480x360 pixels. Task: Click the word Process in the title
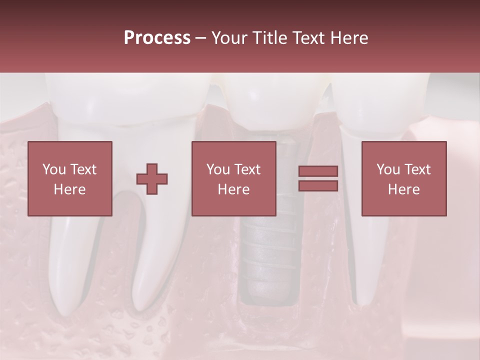[x=157, y=38]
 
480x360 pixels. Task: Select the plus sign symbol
[x=152, y=178]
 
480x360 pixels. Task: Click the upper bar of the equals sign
[x=318, y=171]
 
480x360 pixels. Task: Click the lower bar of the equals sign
[x=318, y=185]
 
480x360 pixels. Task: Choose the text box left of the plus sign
[x=70, y=178]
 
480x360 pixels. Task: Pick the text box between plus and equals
[x=234, y=178]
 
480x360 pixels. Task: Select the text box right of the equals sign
[x=404, y=178]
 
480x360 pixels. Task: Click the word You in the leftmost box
[x=53, y=169]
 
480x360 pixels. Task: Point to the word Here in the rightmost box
[x=403, y=189]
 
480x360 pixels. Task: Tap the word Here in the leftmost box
[x=69, y=189]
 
